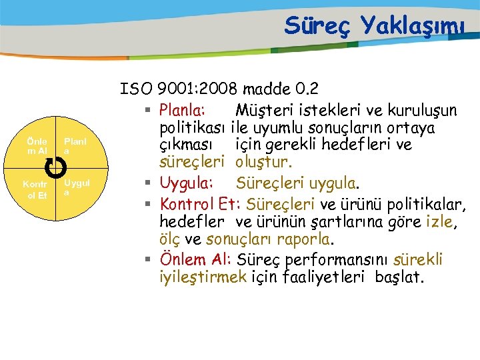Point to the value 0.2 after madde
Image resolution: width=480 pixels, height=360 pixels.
click(307, 89)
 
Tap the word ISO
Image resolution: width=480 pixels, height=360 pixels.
click(135, 89)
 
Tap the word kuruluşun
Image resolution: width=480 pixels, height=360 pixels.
click(424, 109)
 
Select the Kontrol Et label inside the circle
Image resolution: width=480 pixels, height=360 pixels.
click(34, 190)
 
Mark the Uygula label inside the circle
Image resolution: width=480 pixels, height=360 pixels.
click(75, 187)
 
